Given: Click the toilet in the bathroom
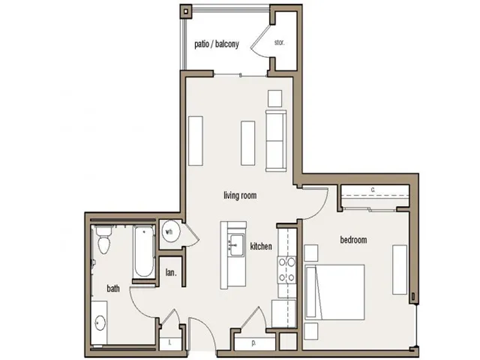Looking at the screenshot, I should coord(102,243).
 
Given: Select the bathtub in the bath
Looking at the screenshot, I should coord(141,255).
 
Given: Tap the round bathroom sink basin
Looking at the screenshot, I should coord(101,323).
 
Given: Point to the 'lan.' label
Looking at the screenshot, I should coord(171,271).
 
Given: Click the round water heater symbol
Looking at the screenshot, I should coord(171,234).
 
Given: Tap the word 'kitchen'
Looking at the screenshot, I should coord(262,247).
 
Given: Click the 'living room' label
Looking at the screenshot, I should coord(239,196).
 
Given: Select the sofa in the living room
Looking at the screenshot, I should coord(275,140).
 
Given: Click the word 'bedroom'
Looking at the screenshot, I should coord(354,240).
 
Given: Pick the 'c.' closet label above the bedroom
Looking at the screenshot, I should coord(372,190).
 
